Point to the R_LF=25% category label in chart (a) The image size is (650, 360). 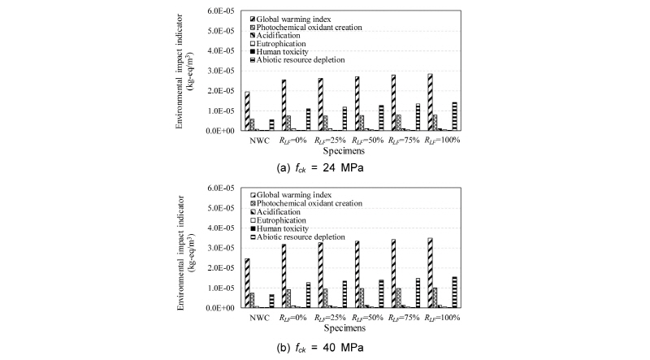tap(329, 140)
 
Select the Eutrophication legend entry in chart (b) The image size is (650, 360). tap(314, 219)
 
